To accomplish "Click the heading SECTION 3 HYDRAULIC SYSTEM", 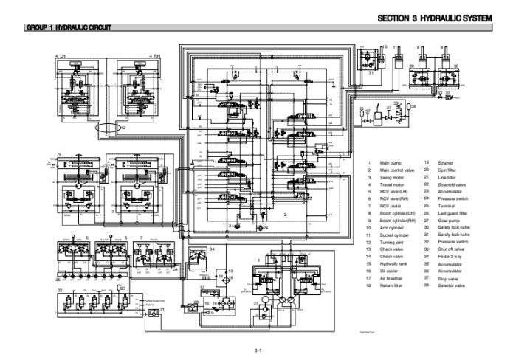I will point(435,18).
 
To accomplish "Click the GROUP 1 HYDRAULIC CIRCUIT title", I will point(69,28).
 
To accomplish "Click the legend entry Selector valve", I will point(450,285).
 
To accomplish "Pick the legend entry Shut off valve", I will point(450,249).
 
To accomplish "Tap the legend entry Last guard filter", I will point(453,213).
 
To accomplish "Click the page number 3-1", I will point(258,349).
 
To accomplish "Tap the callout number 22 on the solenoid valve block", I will point(60,291).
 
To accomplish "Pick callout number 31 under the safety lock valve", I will point(371,72).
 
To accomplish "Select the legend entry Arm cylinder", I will point(391,227).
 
